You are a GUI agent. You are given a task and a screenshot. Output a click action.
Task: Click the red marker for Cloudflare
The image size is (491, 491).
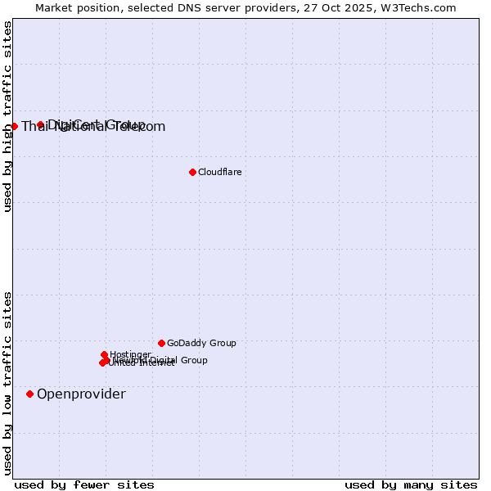coord(192,172)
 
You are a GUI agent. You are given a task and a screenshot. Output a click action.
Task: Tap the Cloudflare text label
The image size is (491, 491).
coord(219,172)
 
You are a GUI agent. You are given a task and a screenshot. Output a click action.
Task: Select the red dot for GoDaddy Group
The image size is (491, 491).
coord(161,343)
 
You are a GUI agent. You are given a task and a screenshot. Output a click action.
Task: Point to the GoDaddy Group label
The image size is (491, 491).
coord(201,343)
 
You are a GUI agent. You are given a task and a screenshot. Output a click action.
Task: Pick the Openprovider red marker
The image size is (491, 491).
coord(30,394)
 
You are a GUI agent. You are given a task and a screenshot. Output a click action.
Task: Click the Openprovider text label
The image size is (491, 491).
coord(81,394)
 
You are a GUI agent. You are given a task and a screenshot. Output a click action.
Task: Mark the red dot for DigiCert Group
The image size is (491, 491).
coord(40,124)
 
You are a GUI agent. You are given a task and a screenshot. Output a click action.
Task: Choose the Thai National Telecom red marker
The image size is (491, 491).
coord(14,126)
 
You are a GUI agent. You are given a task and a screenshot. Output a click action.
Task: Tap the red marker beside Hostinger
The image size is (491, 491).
coord(105,354)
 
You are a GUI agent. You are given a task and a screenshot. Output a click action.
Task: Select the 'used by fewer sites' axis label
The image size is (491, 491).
coord(84,484)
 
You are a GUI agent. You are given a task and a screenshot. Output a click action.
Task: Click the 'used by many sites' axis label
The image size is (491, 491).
coord(411,484)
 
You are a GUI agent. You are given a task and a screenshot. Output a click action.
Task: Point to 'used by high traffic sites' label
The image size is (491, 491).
coord(8,116)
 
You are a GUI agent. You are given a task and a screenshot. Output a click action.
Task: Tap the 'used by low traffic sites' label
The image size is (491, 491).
coord(8,383)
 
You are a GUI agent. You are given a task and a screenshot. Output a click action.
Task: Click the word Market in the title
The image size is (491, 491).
coord(55,7)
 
